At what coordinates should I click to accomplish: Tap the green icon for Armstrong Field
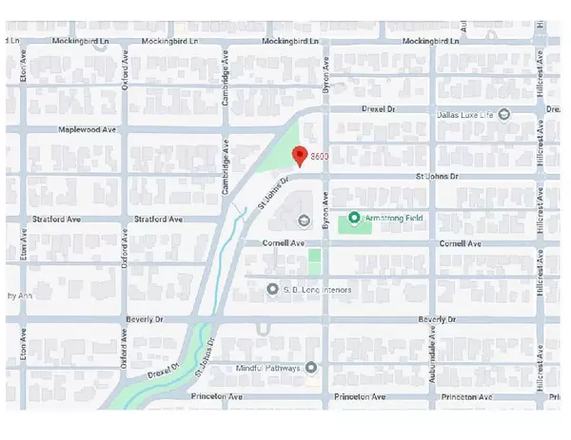click(354, 219)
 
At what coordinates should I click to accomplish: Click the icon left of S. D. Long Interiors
click(273, 289)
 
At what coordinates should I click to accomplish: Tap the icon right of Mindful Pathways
click(310, 367)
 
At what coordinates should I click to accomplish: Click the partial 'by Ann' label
click(21, 296)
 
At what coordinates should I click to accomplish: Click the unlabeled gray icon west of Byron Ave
click(304, 222)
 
